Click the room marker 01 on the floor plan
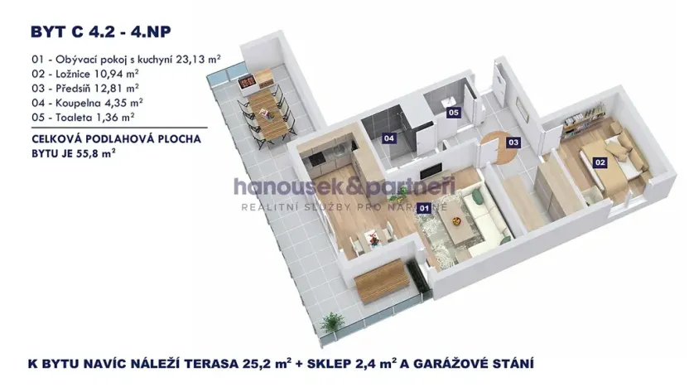click(424, 208)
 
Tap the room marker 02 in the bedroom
click(600, 163)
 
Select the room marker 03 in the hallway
click(513, 142)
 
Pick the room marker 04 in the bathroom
click(388, 139)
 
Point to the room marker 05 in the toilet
click(453, 112)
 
